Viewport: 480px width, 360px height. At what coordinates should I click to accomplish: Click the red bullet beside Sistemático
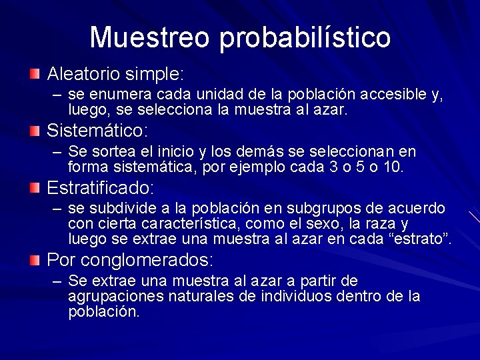click(x=34, y=130)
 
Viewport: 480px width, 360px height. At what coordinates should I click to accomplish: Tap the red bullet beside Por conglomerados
click(x=34, y=260)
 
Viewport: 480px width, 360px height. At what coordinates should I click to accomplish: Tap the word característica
click(x=166, y=224)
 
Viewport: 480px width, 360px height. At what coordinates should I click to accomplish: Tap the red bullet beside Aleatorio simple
click(x=34, y=72)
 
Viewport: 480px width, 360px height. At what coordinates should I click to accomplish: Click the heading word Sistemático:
click(x=97, y=130)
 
